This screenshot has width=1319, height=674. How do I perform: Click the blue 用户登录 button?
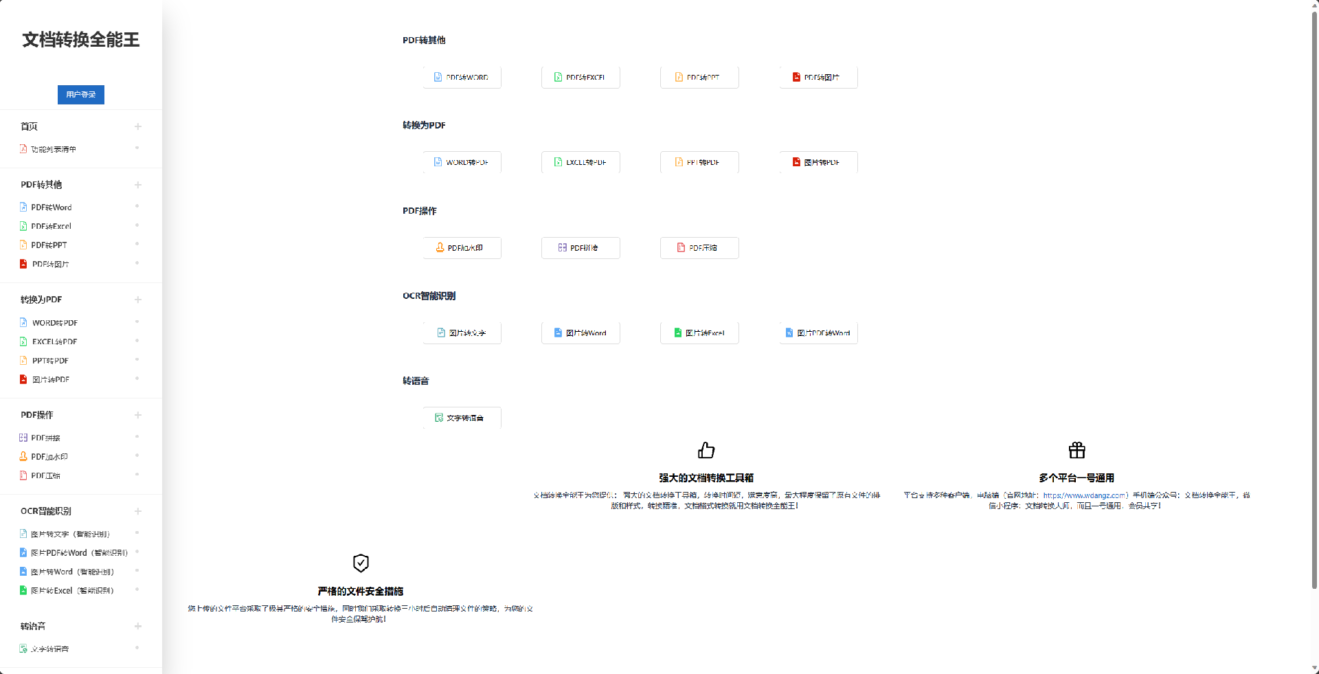[x=81, y=95]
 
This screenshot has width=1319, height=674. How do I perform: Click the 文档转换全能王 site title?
[x=81, y=40]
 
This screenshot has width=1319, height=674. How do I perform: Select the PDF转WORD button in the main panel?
[x=462, y=78]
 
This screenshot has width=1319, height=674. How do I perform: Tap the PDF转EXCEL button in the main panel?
[x=580, y=78]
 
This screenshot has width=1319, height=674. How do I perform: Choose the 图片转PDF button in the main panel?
[x=818, y=162]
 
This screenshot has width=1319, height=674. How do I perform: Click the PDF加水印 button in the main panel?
[x=462, y=248]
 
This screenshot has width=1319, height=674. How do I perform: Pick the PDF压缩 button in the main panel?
[x=699, y=248]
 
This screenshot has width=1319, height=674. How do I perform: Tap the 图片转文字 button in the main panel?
[x=462, y=333]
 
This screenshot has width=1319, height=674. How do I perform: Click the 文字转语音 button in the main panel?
[x=462, y=418]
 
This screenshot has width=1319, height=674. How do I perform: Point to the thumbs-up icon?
[x=706, y=450]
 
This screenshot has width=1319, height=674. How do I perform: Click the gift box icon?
[x=1076, y=450]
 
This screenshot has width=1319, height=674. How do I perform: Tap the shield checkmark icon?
[x=361, y=563]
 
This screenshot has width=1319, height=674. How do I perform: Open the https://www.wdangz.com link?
[x=1084, y=495]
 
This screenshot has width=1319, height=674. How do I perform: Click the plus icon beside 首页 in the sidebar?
[x=138, y=126]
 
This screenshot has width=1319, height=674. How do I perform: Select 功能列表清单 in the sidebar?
[x=53, y=149]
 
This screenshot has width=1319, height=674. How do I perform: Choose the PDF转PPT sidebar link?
[x=49, y=245]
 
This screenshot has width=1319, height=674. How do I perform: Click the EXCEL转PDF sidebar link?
[x=54, y=341]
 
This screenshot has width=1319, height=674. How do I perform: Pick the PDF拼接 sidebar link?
[x=45, y=438]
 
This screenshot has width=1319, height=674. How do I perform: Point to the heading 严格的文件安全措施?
[x=361, y=592]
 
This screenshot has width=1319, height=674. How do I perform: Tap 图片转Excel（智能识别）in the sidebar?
[x=71, y=591]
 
